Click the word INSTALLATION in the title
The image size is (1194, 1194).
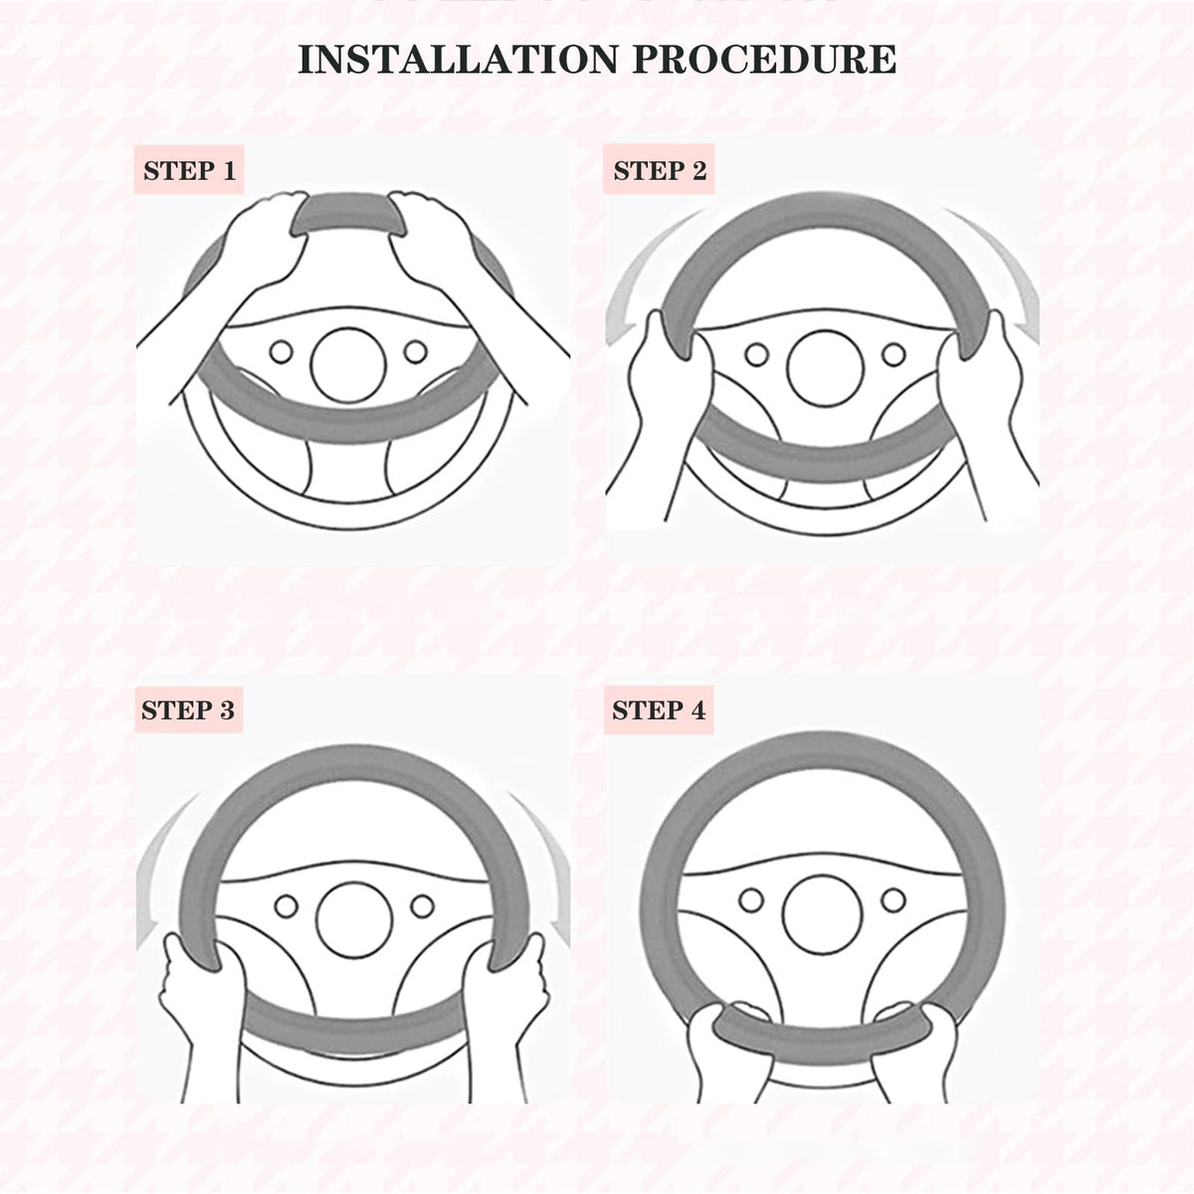pyautogui.click(x=459, y=60)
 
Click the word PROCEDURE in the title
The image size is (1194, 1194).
pyautogui.click(x=764, y=60)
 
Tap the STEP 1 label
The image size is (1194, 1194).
pyautogui.click(x=190, y=170)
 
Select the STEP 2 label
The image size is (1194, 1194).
pyautogui.click(x=660, y=170)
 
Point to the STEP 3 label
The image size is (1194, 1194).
pyautogui.click(x=188, y=710)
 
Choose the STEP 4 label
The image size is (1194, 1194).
pyautogui.click(x=659, y=710)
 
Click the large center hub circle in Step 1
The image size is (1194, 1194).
pyautogui.click(x=348, y=365)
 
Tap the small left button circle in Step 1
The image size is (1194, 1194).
pyautogui.click(x=281, y=352)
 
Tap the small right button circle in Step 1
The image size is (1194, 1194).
pyautogui.click(x=416, y=352)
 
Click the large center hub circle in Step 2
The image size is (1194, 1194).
pyautogui.click(x=825, y=369)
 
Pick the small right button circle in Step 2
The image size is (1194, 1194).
pyautogui.click(x=894, y=355)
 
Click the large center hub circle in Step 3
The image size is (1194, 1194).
pyautogui.click(x=354, y=920)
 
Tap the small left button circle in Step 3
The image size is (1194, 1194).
pyautogui.click(x=287, y=906)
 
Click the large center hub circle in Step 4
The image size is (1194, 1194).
pyautogui.click(x=822, y=914)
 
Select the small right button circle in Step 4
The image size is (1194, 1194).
pyautogui.click(x=894, y=899)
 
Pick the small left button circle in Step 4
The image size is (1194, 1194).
pyautogui.click(x=751, y=899)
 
